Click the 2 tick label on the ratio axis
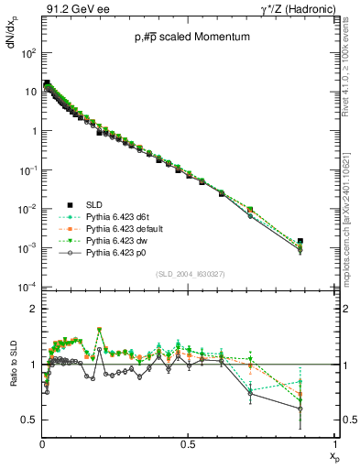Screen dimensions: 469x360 click(33, 310)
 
